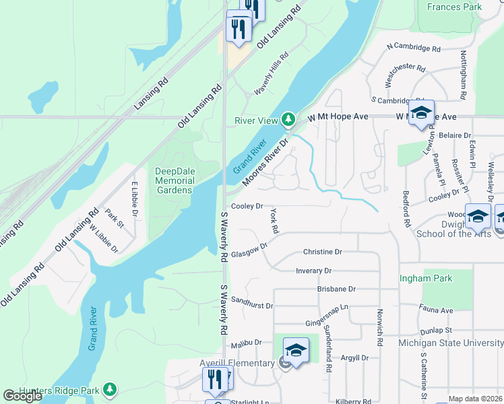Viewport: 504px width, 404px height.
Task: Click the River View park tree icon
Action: click(289, 120)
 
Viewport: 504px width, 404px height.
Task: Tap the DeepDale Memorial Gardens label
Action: click(175, 180)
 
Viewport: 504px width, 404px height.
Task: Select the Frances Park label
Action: click(455, 7)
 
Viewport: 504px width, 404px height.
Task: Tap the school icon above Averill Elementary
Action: click(296, 350)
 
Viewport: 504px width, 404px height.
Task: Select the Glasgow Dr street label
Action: click(249, 250)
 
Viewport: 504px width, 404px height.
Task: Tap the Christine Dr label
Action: click(323, 252)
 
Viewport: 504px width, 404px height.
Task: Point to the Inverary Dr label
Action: click(314, 271)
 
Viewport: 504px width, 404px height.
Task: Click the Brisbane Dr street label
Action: click(336, 289)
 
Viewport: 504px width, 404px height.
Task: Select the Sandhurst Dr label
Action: click(251, 302)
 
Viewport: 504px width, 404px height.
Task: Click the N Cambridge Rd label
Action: click(413, 48)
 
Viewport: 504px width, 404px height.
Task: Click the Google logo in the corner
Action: click(22, 396)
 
